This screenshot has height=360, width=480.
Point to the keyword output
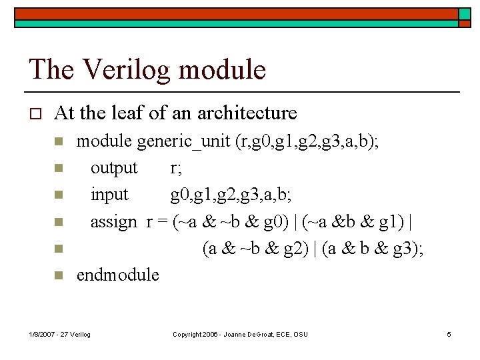[x=114, y=168]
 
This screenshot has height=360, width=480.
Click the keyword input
[x=109, y=195]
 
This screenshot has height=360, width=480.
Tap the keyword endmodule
[x=118, y=275]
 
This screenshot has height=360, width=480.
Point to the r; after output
[x=176, y=168]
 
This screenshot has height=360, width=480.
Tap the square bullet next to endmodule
[x=58, y=275]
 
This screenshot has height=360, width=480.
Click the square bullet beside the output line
[x=58, y=169]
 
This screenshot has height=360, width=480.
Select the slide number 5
[x=449, y=334]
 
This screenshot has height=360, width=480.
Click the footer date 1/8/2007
[x=44, y=334]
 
